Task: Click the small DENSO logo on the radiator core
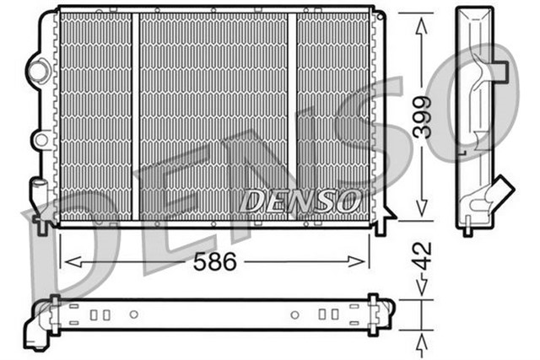point(300,201)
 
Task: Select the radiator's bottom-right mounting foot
point(381,225)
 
